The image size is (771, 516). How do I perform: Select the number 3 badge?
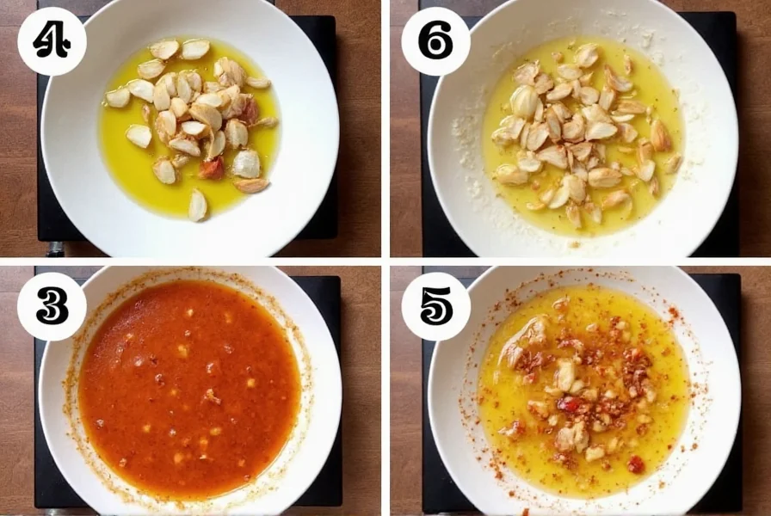(x=52, y=306)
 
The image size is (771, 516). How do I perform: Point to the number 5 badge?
(x=435, y=306)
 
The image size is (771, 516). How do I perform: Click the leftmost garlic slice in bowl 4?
(x=117, y=97)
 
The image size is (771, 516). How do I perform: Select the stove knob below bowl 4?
(x=56, y=249)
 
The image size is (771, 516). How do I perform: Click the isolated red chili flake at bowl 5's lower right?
(x=635, y=464)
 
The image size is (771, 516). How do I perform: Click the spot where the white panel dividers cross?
(x=385, y=261)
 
